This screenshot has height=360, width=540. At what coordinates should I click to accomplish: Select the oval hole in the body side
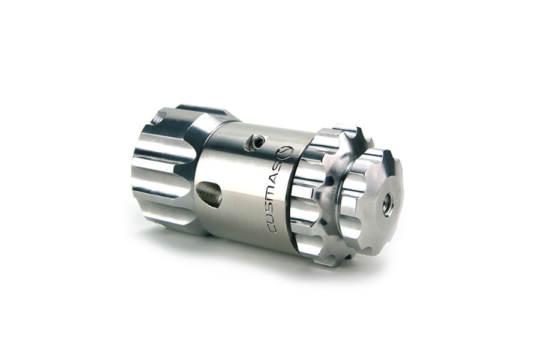(209, 194)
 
